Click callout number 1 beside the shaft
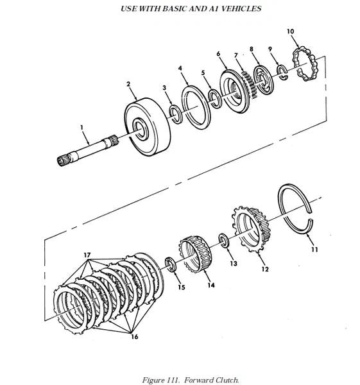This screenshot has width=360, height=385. coord(81,127)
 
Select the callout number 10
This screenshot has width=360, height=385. coord(290,31)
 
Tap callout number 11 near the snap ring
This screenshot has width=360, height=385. coord(314,250)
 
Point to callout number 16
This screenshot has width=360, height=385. coord(135,337)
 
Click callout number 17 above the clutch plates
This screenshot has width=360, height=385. coord(87,255)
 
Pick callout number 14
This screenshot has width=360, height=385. coord(211,286)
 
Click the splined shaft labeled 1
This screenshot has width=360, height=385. coord(88,150)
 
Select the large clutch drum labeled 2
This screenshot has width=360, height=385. coord(148,126)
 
